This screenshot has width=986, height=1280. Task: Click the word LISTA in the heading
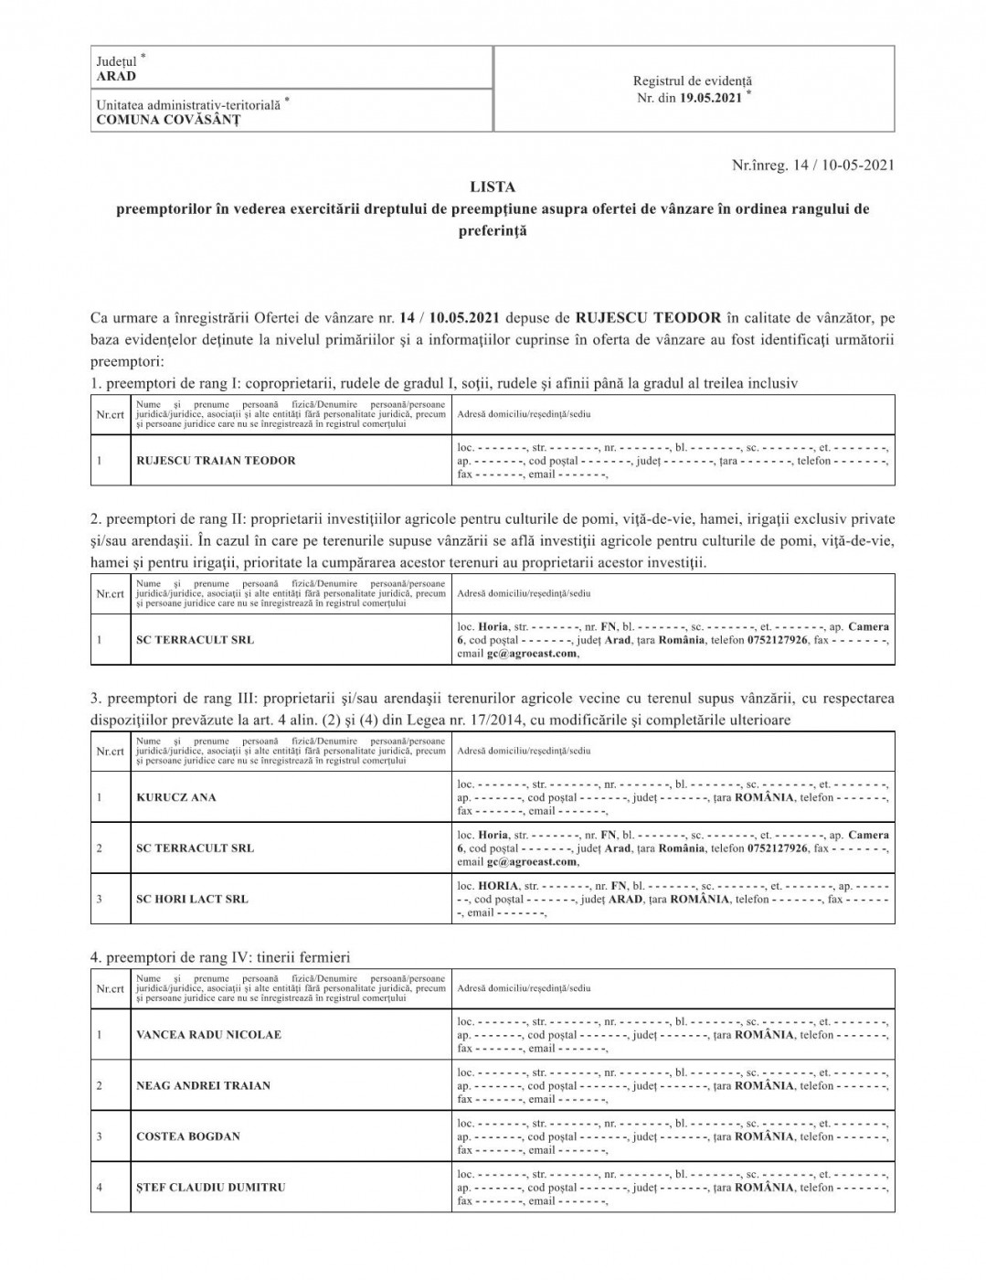click(493, 187)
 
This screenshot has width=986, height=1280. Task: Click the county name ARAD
click(116, 77)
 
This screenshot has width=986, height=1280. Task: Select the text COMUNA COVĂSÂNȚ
click(168, 119)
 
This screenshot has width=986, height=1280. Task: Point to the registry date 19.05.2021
click(711, 98)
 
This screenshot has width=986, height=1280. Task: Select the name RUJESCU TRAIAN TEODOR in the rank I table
click(216, 461)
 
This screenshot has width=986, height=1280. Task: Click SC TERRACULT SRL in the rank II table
click(195, 640)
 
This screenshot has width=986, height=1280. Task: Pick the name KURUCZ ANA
click(176, 797)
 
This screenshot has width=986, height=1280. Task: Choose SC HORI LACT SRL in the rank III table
click(192, 899)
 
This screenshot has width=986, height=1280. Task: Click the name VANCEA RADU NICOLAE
click(208, 1035)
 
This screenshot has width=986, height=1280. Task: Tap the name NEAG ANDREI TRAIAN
click(203, 1086)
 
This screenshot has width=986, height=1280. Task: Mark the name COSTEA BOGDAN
click(188, 1136)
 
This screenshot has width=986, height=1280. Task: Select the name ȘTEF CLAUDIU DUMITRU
click(210, 1188)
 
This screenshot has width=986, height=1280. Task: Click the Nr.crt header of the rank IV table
click(110, 989)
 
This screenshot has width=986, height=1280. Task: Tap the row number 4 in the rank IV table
click(99, 1188)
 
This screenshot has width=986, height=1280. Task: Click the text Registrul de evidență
click(694, 81)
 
